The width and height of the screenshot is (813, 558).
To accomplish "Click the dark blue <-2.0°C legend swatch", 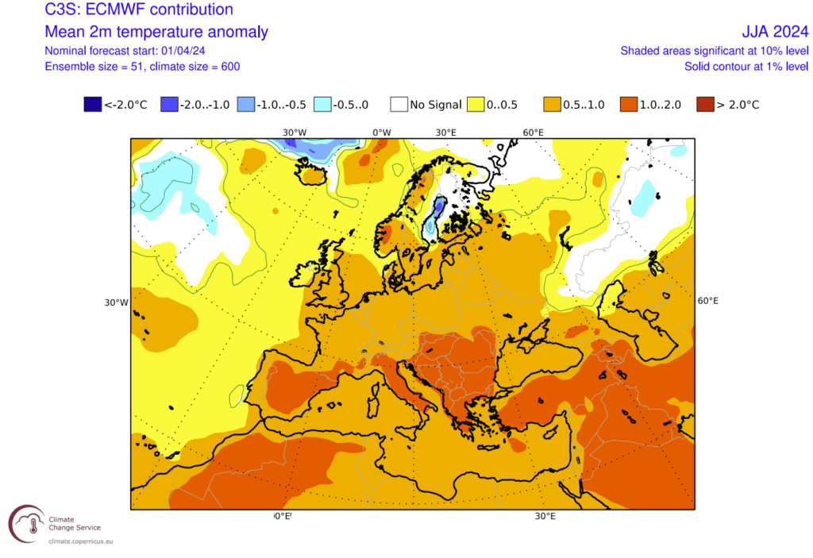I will (x=92, y=104).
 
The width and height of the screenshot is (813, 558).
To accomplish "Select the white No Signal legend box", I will (x=399, y=104).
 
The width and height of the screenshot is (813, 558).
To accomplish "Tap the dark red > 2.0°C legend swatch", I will (x=704, y=104).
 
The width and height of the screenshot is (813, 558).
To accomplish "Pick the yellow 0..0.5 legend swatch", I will (x=476, y=104).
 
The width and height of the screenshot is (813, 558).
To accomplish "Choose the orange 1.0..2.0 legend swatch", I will (x=629, y=104).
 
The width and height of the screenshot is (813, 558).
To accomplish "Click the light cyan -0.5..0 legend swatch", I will (x=323, y=104).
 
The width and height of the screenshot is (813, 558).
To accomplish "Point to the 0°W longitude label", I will (x=382, y=132).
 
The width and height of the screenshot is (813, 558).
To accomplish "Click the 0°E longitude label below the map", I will (x=283, y=516).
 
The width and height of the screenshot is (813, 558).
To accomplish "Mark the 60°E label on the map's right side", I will (x=707, y=301).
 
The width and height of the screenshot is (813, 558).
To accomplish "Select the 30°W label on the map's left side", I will (x=116, y=302).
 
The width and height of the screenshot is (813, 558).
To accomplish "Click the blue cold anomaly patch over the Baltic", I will (x=433, y=218).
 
